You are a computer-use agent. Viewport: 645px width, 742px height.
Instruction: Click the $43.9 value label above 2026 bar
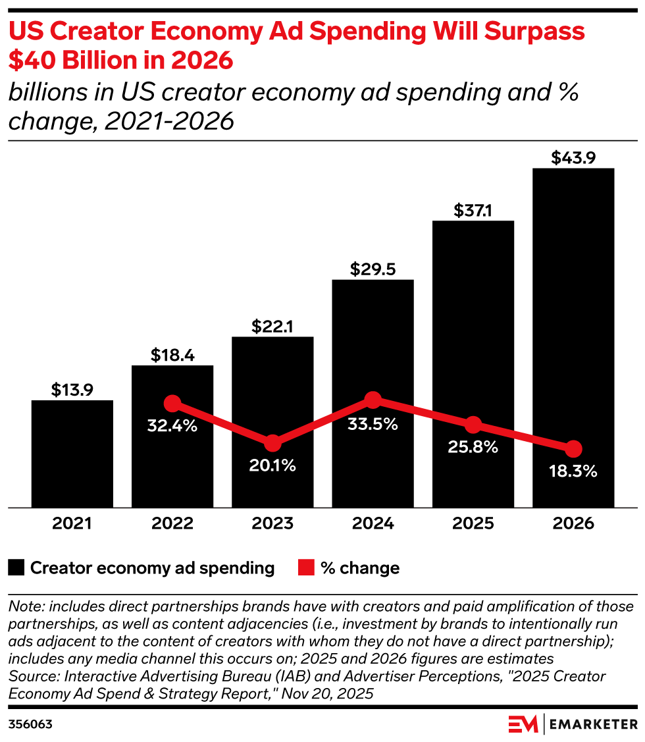[573, 158]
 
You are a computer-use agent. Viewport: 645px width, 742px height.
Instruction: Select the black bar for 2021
[72, 454]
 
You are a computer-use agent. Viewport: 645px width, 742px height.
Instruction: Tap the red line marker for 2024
[373, 400]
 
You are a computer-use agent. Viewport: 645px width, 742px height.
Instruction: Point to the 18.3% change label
[573, 471]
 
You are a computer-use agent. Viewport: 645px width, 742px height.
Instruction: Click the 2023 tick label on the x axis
[272, 524]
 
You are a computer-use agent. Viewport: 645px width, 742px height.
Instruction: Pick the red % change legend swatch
[307, 568]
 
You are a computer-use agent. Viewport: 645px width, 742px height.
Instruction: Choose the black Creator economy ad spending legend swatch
[17, 568]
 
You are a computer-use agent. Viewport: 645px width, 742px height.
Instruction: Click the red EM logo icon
[523, 724]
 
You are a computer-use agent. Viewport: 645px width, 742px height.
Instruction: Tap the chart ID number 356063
[30, 724]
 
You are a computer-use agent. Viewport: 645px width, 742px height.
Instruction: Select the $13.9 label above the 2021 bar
[72, 390]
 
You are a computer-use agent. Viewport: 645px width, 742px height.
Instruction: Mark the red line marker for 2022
[172, 403]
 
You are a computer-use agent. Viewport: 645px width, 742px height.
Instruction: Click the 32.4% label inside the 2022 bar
[172, 426]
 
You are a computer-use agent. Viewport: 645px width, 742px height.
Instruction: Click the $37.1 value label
[473, 211]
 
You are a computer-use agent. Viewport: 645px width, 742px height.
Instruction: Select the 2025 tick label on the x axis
[473, 524]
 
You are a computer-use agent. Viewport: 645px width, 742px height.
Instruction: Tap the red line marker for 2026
[573, 449]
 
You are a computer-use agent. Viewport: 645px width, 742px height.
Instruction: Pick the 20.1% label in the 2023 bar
[272, 465]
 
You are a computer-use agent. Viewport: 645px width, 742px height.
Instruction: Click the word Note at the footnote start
[24, 606]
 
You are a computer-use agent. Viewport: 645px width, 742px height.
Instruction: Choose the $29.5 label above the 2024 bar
[373, 270]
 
